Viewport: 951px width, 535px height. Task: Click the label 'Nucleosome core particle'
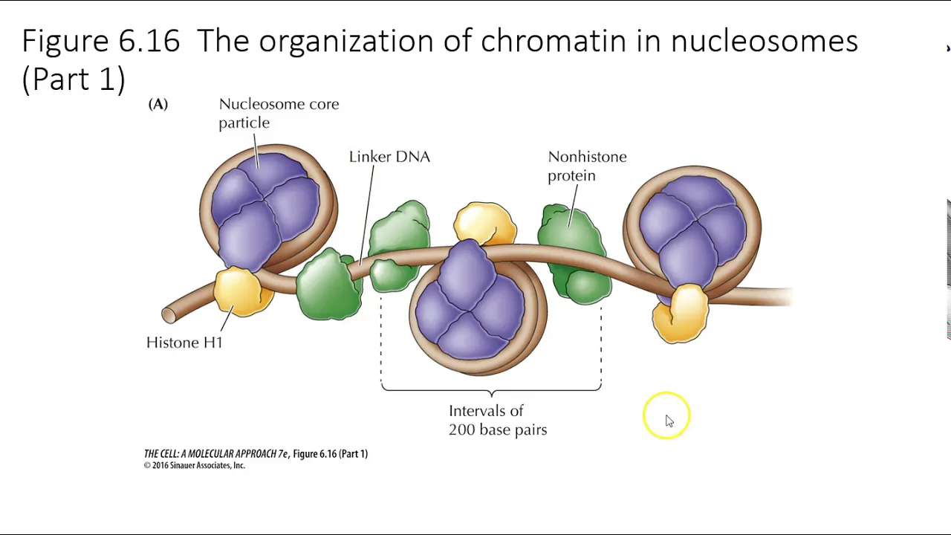click(x=279, y=114)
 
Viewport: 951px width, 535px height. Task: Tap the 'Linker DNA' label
click(x=389, y=157)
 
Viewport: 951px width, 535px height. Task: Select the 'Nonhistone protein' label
click(x=587, y=166)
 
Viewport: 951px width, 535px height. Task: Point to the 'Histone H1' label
click(x=184, y=343)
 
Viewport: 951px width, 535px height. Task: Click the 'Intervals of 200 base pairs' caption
click(x=498, y=421)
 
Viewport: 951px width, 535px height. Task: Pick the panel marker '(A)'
click(x=158, y=105)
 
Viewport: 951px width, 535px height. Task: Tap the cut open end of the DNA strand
click(x=169, y=315)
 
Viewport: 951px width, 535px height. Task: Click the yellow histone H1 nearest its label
click(x=243, y=291)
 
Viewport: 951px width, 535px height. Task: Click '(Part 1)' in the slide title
click(x=74, y=79)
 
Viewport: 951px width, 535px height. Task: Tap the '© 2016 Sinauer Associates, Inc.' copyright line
click(x=195, y=465)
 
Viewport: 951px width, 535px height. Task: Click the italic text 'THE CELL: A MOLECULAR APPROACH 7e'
click(x=215, y=454)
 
